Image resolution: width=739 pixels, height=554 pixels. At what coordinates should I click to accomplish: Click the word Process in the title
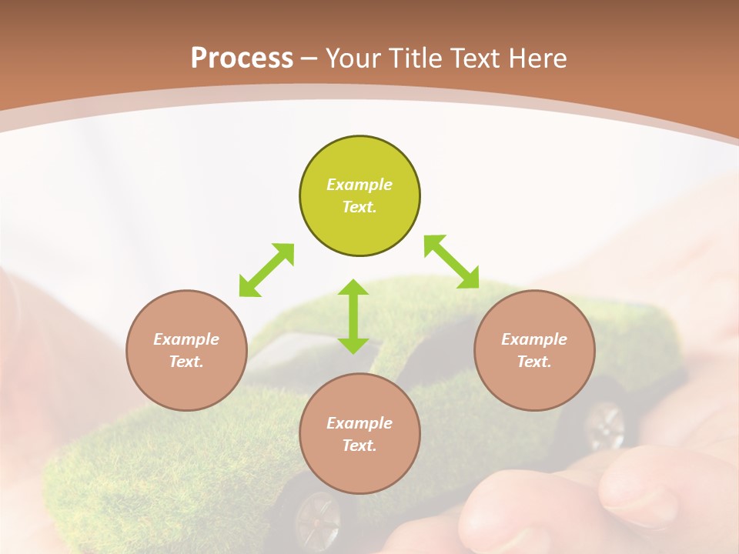[242, 58]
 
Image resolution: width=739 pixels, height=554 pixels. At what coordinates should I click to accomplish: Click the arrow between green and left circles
[266, 270]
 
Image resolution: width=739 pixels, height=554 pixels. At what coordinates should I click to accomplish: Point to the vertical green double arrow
[353, 316]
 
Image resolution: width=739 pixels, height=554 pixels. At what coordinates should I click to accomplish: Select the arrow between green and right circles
[451, 262]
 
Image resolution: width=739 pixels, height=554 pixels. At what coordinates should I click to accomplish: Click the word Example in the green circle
[359, 185]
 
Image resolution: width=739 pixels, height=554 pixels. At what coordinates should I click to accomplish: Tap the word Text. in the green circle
[359, 207]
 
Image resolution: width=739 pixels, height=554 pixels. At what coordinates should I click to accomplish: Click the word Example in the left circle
[186, 339]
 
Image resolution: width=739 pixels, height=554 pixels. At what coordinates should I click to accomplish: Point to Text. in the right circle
[534, 362]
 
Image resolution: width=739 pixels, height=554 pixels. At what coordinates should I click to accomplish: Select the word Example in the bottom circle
[359, 423]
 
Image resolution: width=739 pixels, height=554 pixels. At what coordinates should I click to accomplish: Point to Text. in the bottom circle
[359, 446]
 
